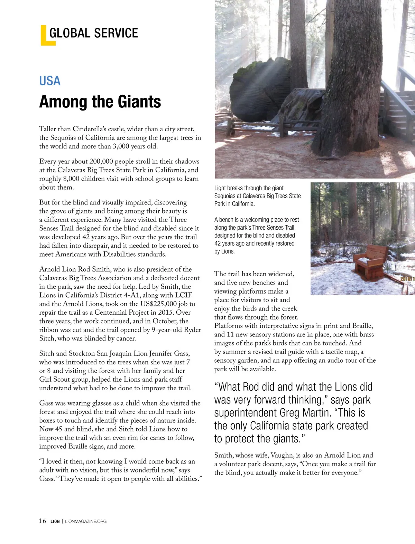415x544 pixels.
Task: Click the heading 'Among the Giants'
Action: click(x=100, y=102)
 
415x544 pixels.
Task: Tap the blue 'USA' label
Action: click(x=50, y=81)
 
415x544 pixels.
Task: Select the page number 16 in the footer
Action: click(x=42, y=521)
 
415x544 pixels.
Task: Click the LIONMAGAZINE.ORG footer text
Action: click(x=86, y=521)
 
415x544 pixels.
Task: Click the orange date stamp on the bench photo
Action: click(x=407, y=278)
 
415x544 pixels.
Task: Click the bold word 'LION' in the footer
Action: click(x=55, y=521)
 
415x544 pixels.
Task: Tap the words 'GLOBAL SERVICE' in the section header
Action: click(x=94, y=33)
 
